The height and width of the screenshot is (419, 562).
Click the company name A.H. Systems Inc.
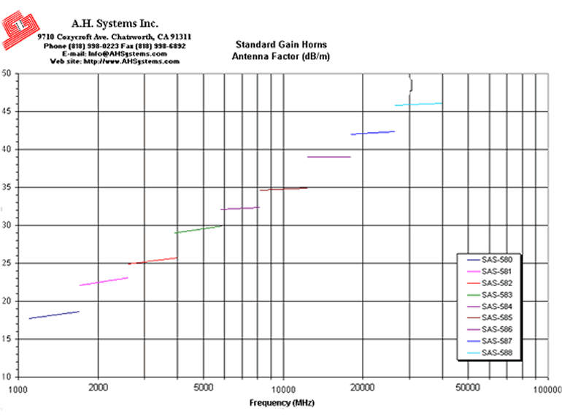click(114, 23)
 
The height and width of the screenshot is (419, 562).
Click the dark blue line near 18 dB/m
click(54, 315)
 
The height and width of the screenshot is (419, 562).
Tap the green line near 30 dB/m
click(198, 229)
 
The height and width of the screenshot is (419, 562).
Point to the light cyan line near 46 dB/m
click(418, 104)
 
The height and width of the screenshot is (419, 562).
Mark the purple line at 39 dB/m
click(328, 157)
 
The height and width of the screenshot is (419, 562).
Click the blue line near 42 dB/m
click(372, 133)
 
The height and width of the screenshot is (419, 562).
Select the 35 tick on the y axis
click(6, 188)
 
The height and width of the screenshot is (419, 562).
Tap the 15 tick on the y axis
click(6, 339)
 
